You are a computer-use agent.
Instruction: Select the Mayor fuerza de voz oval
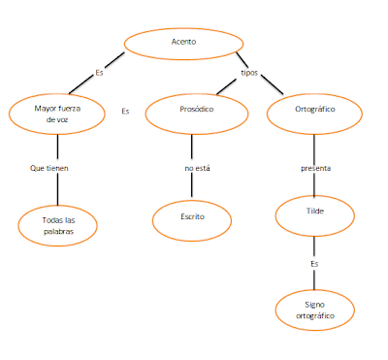(x=59, y=114)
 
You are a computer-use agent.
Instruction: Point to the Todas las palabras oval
(x=59, y=226)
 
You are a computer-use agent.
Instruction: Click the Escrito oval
(x=193, y=217)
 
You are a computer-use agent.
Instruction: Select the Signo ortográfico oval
(x=315, y=310)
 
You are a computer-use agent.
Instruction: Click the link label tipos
(x=248, y=73)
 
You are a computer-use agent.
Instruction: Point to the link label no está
(x=197, y=169)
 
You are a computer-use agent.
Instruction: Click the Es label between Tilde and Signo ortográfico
(x=313, y=263)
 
